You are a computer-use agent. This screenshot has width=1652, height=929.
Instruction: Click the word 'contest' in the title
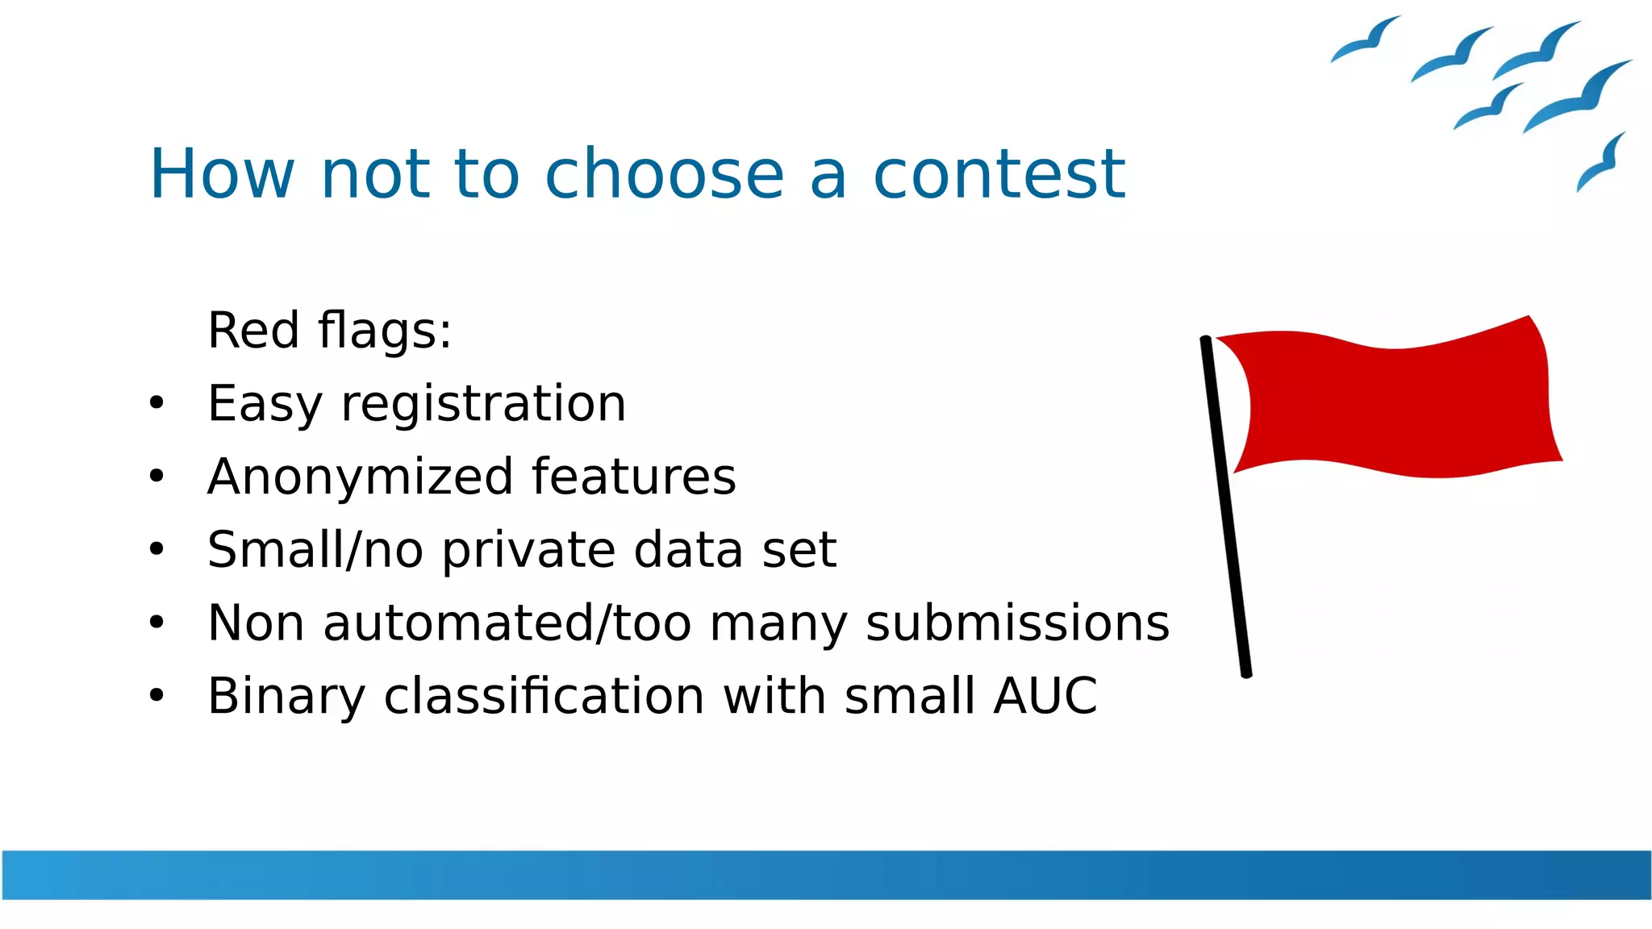999,174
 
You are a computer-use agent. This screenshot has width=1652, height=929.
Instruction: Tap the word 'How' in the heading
222,174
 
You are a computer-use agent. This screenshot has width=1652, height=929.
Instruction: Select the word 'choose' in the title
664,174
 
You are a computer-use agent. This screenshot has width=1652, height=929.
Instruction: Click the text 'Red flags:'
329,331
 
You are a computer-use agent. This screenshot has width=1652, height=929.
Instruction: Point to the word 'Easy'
264,404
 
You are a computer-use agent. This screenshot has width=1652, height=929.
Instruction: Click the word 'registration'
483,404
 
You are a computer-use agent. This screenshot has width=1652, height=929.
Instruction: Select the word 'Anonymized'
360,477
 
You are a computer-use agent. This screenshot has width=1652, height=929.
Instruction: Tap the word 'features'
633,477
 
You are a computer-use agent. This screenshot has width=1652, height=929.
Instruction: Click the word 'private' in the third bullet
528,551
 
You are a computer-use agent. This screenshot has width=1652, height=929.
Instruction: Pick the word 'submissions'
1017,623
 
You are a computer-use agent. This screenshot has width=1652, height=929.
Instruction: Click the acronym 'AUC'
1045,696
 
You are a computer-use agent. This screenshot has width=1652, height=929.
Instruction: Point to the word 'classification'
544,696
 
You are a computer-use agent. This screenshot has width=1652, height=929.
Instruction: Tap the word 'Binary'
286,696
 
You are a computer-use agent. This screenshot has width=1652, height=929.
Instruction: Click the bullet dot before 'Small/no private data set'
156,549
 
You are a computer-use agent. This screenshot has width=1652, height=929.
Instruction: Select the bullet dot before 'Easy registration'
156,402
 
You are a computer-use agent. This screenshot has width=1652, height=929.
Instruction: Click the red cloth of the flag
1395,403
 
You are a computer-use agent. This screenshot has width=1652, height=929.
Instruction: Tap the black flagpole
1226,508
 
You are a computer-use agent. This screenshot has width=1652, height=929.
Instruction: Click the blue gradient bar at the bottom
826,874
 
